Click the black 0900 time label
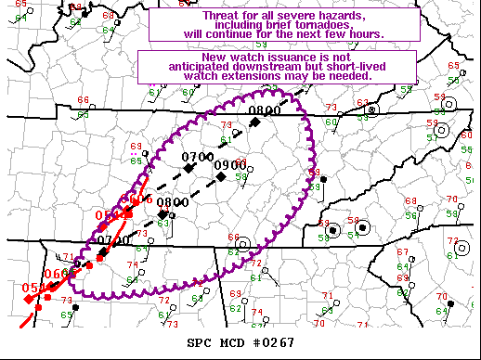(228, 167)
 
